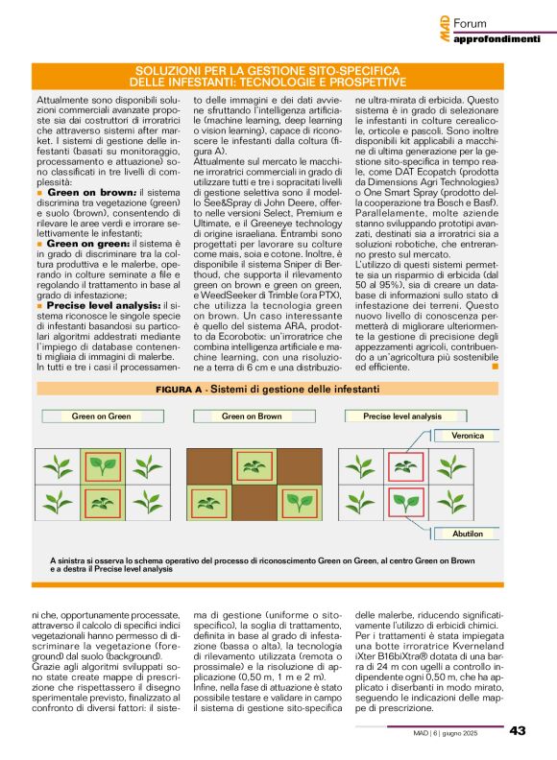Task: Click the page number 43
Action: pos(517,731)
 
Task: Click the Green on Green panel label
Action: pos(101,416)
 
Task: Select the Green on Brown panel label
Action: pos(251,416)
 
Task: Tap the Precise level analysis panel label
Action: pos(401,416)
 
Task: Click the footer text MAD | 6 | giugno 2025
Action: pos(458,732)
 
